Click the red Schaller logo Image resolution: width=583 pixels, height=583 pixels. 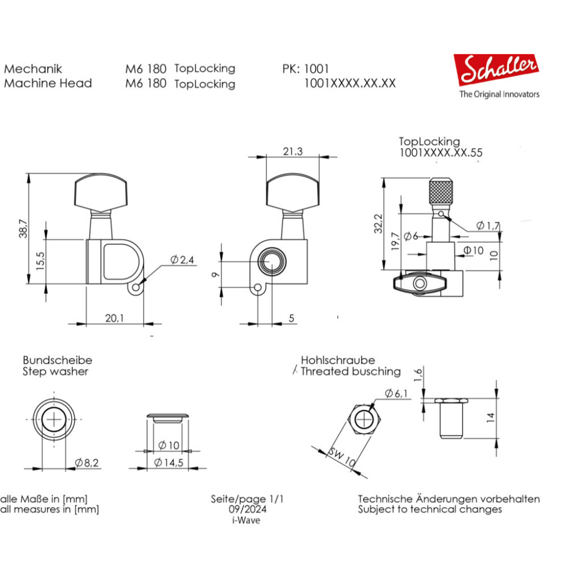[496, 70]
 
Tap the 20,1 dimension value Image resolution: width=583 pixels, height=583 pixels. [114, 318]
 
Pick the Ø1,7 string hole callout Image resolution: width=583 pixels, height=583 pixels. [487, 226]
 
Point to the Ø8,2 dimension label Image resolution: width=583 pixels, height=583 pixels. [87, 463]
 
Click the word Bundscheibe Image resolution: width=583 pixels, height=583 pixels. [58, 360]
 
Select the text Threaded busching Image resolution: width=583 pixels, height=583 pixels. [350, 371]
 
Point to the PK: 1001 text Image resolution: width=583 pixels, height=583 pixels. [305, 68]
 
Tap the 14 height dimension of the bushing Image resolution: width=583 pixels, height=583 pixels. [491, 417]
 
